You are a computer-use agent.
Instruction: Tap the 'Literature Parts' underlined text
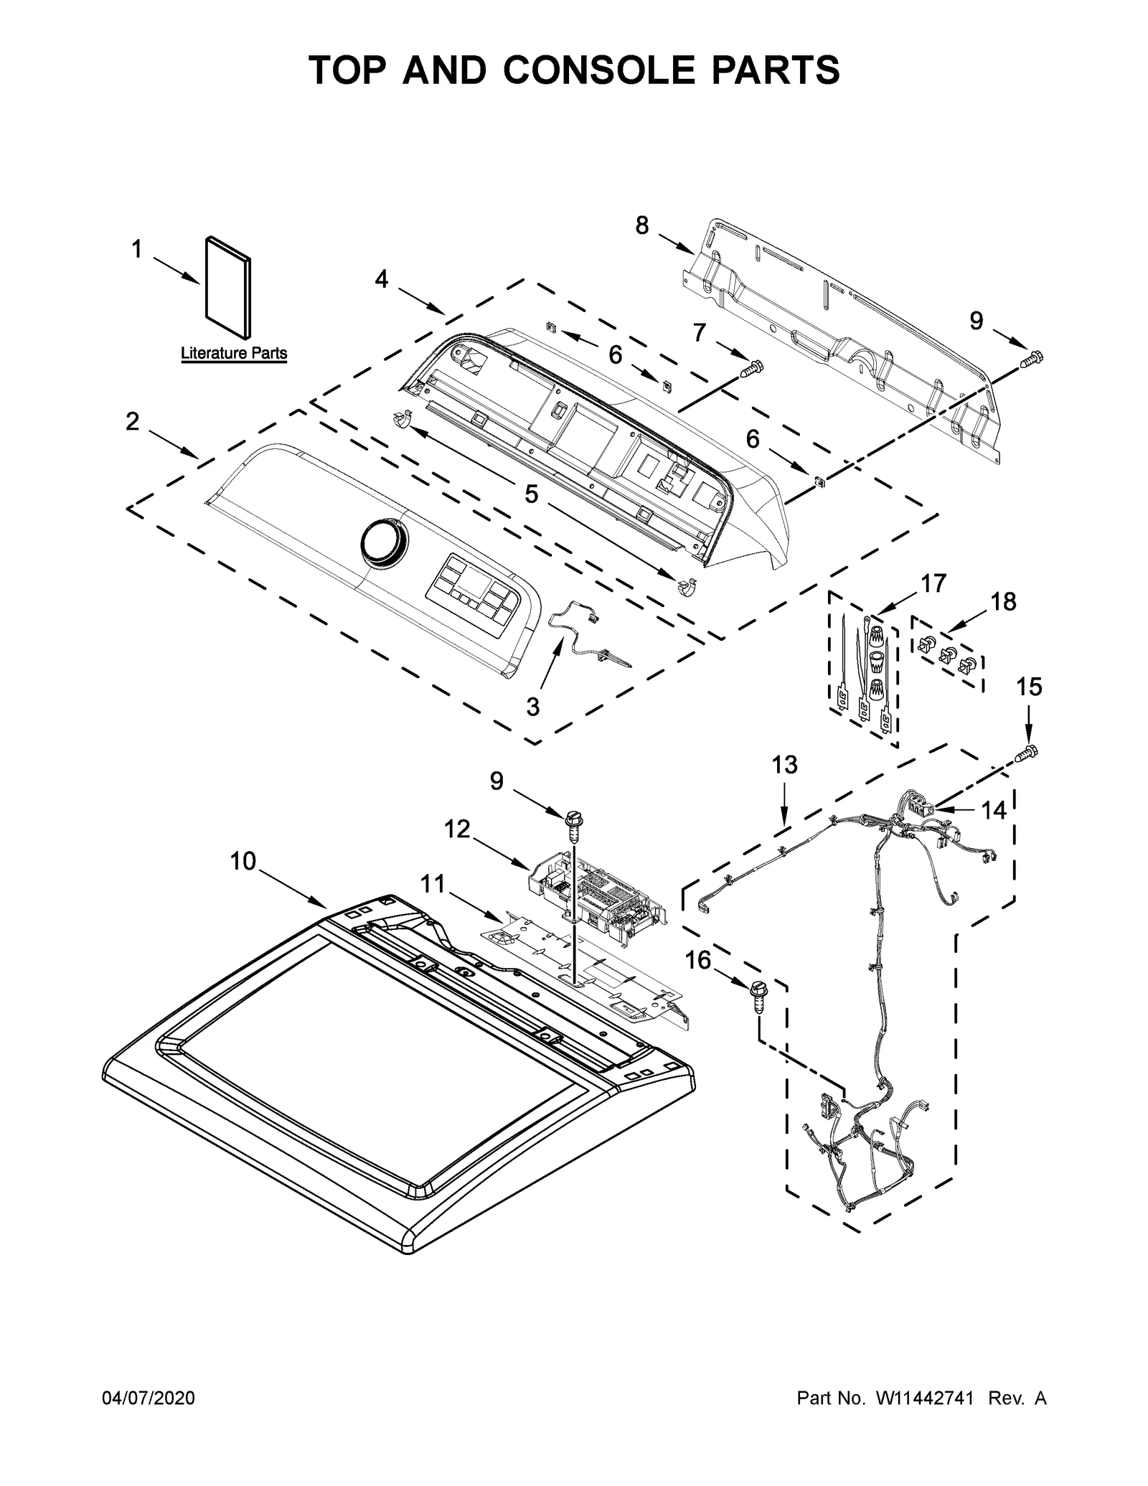coord(234,353)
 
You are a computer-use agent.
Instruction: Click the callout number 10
coord(243,861)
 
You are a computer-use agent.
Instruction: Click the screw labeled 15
coord(1028,753)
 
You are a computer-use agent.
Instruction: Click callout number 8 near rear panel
coord(641,226)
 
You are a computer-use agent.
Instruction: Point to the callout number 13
coord(784,765)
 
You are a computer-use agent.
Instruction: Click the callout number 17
coord(933,583)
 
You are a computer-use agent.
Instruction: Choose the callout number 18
coord(1003,601)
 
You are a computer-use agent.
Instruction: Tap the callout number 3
coord(532,707)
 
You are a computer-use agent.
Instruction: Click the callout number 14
coord(994,811)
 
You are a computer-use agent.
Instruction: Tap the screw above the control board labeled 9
coord(574,822)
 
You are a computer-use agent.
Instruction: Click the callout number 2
coord(132,421)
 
